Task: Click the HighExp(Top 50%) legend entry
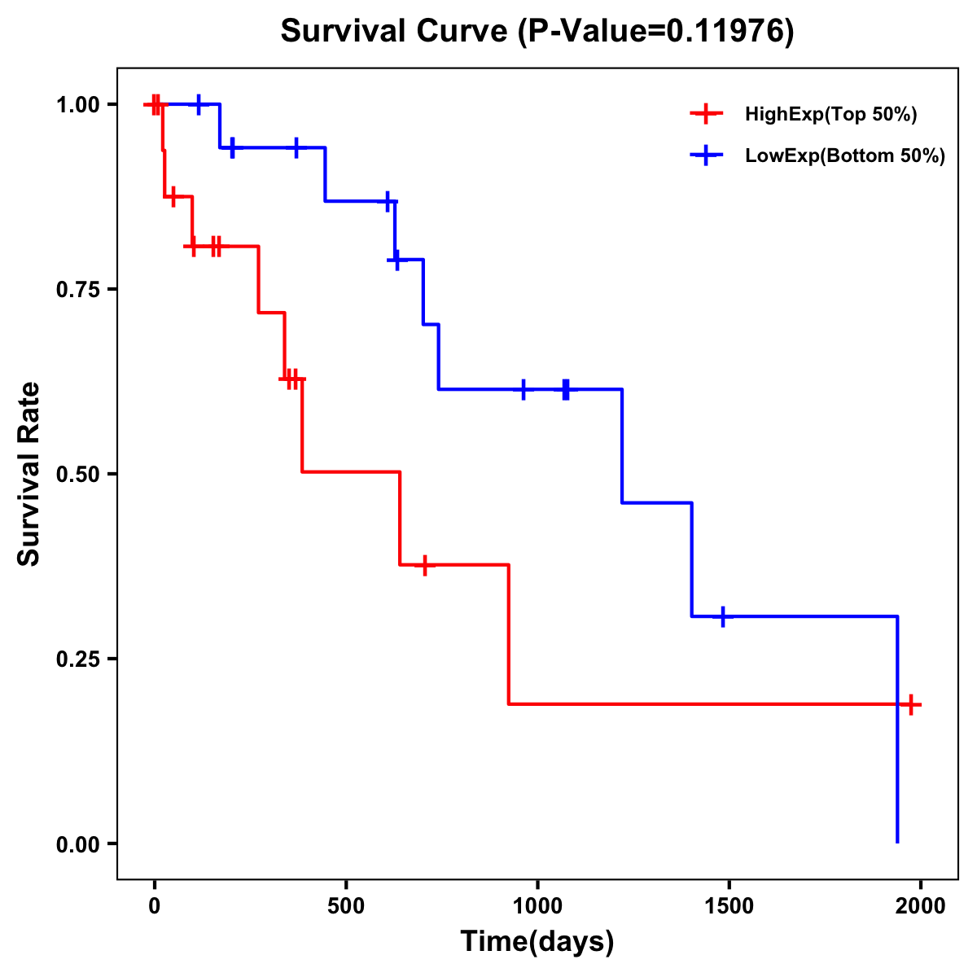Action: coord(830,115)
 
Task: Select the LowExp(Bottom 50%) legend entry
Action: coord(845,156)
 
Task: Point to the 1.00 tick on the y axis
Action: coord(77,105)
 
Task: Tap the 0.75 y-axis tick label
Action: coord(77,290)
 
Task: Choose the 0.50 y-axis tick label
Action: coord(77,475)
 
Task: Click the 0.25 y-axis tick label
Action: coord(77,659)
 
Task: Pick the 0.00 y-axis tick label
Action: coord(77,844)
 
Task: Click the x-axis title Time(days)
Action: coord(537,942)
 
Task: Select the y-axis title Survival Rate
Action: coord(29,474)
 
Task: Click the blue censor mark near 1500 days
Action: coord(722,616)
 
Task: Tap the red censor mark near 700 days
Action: coord(424,565)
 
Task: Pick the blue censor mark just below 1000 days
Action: coord(524,389)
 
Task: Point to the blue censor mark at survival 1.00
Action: coord(199,104)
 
